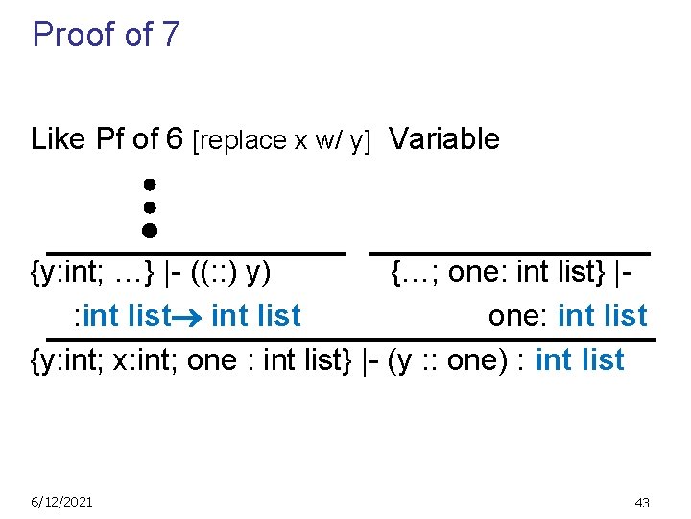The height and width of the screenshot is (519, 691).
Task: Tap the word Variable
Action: [x=444, y=139]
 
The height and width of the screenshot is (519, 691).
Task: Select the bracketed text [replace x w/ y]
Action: [x=282, y=140]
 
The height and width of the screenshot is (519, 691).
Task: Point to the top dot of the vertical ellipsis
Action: [x=150, y=183]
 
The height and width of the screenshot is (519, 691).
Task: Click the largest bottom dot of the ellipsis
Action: [x=150, y=230]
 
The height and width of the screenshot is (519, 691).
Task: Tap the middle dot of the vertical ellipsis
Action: [x=150, y=206]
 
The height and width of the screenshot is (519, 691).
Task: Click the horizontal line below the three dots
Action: [x=196, y=252]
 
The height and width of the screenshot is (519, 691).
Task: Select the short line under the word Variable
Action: [x=510, y=252]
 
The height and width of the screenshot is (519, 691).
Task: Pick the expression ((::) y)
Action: [x=229, y=273]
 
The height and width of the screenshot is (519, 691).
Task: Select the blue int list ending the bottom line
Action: [x=580, y=360]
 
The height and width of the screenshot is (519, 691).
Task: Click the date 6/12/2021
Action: [x=61, y=502]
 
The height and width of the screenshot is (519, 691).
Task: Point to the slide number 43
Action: [x=642, y=503]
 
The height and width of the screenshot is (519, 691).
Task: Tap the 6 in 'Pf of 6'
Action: [x=174, y=139]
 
